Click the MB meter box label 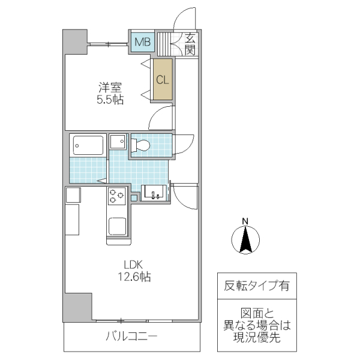[x=143, y=41]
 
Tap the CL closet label [x=162, y=79]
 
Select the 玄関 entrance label [x=190, y=44]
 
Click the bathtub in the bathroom [x=88, y=145]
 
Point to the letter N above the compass [x=245, y=221]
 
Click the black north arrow [x=245, y=241]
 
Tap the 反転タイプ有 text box [x=256, y=286]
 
